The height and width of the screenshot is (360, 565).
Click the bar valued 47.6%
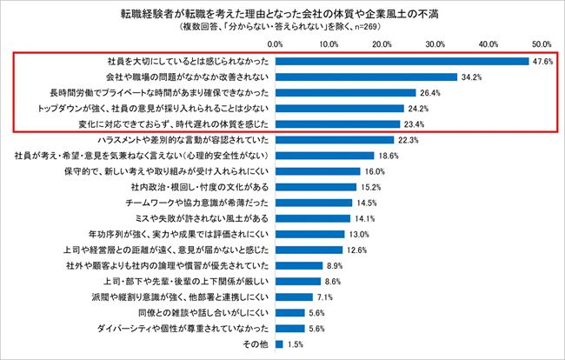tap(402, 62)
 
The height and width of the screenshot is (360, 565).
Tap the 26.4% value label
tap(432, 93)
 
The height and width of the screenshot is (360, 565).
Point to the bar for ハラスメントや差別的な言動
tap(335, 139)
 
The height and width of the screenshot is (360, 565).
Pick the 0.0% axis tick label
tap(276, 43)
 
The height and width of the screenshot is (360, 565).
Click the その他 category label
tap(259, 344)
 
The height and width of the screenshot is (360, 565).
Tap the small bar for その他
tap(279, 344)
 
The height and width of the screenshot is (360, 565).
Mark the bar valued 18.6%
tap(325, 155)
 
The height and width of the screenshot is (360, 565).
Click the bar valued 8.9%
tap(299, 265)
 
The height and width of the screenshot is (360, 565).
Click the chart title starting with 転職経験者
tap(282, 13)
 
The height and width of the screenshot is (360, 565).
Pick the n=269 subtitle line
tap(282, 26)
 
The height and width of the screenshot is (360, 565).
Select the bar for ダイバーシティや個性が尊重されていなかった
tap(290, 329)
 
